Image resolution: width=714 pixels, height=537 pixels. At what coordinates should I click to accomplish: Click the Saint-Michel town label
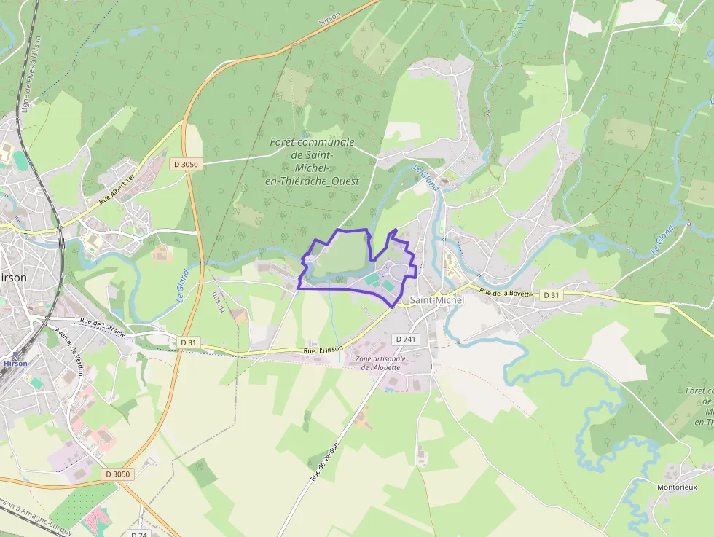pos(436,300)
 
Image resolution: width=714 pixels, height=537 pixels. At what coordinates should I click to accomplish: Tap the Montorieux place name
pos(677,487)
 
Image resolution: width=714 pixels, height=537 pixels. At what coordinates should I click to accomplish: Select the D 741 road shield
pos(406,340)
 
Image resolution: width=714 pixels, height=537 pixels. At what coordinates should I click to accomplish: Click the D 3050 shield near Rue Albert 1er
pos(186,165)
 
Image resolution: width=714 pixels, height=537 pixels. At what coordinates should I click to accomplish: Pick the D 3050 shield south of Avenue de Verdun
pos(117,474)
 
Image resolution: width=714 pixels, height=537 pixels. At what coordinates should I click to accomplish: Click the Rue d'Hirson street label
pos(323,350)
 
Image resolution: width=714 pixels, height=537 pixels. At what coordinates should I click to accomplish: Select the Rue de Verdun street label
pos(325,460)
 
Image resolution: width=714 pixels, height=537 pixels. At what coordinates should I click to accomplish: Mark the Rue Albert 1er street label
pos(117,191)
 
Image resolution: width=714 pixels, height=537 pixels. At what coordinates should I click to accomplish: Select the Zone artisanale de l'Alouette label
pos(380,363)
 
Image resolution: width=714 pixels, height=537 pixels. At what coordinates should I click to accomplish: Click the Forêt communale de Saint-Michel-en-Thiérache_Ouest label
pos(313,161)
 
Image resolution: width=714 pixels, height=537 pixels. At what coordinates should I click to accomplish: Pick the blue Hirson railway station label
pos(15,363)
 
